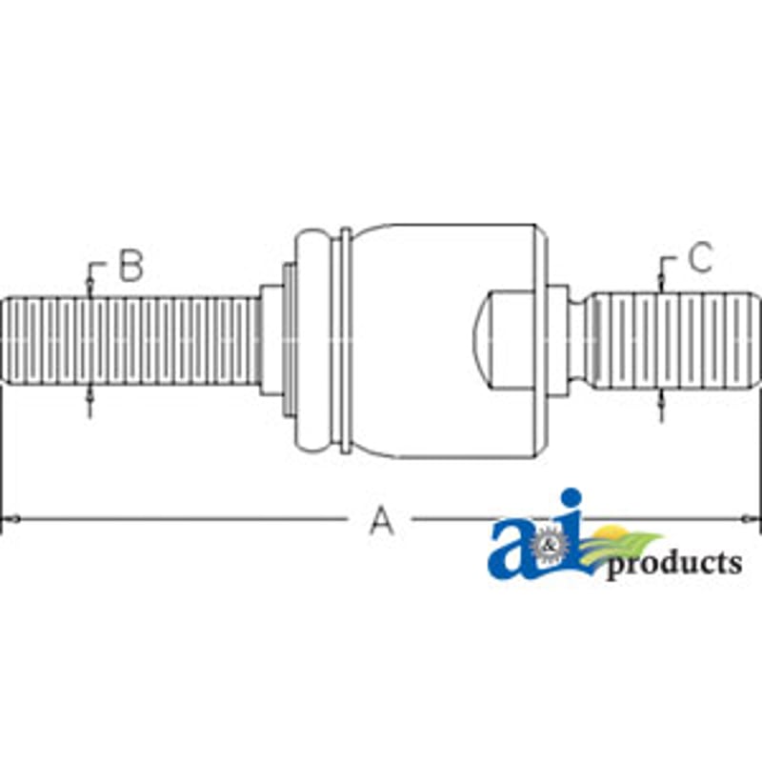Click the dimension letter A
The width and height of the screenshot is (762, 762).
[x=382, y=520]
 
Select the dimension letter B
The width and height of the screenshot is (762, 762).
[x=131, y=266]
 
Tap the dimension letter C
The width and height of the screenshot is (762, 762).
[x=700, y=257]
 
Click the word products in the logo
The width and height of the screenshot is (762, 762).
[x=674, y=564]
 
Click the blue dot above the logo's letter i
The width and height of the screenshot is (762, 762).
[x=571, y=500]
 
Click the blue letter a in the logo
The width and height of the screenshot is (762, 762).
[x=511, y=552]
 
